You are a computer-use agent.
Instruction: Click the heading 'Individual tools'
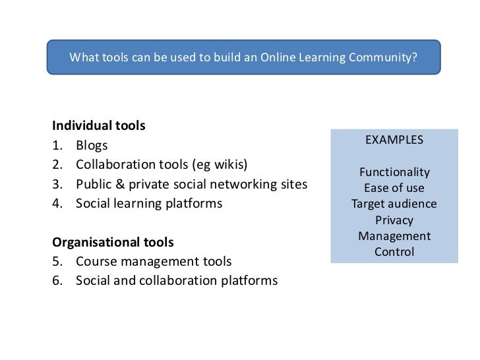[99, 125]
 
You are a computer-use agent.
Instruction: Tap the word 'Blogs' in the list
[92, 145]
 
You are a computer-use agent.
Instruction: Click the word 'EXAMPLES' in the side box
[394, 140]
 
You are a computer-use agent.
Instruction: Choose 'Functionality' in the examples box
[394, 173]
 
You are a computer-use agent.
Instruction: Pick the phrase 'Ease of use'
[394, 189]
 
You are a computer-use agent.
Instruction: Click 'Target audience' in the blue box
[394, 204]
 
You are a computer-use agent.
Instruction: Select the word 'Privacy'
[394, 220]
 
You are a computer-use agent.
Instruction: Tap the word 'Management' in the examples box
[394, 236]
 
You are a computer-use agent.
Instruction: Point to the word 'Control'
[394, 252]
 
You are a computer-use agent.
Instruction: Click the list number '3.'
[58, 184]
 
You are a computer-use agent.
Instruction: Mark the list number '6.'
[58, 281]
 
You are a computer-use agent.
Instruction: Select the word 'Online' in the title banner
[278, 57]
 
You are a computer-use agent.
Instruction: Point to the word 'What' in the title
[84, 57]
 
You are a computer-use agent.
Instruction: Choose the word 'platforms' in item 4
[193, 204]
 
